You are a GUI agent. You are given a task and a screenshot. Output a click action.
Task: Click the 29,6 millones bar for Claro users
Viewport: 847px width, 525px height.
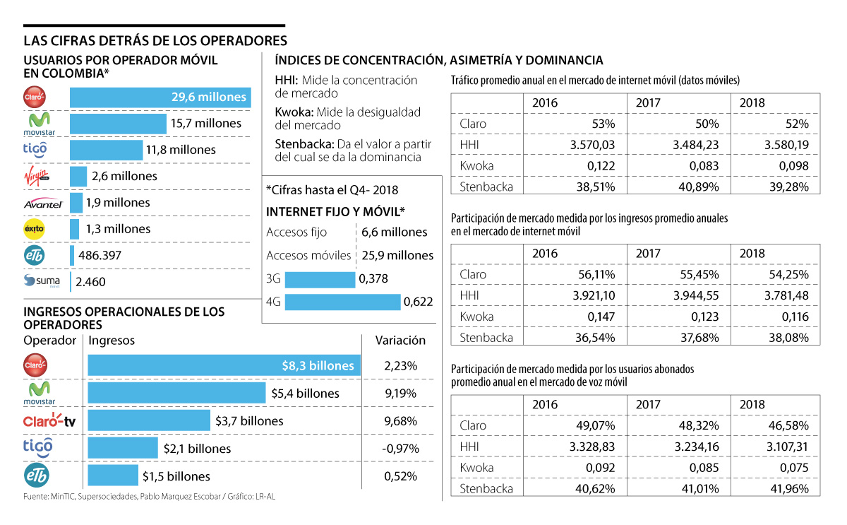click(x=160, y=98)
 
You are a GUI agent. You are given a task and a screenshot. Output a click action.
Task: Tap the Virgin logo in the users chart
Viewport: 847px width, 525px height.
click(x=36, y=176)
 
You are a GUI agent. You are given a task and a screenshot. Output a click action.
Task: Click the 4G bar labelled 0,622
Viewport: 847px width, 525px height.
click(x=342, y=302)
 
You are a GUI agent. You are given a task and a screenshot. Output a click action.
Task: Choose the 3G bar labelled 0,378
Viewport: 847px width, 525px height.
click(x=320, y=279)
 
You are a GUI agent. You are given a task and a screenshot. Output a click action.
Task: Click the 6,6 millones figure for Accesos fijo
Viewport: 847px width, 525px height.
click(x=394, y=232)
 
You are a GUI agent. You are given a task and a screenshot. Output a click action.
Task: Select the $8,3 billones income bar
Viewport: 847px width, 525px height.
click(x=224, y=365)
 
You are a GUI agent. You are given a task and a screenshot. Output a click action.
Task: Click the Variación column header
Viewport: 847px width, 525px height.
click(x=400, y=340)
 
